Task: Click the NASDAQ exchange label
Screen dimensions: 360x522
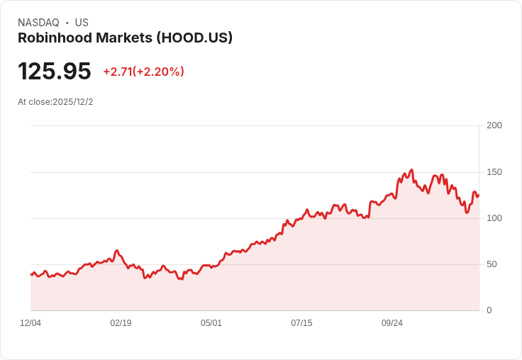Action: pyautogui.click(x=38, y=23)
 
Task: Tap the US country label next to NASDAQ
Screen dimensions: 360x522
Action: pyautogui.click(x=82, y=23)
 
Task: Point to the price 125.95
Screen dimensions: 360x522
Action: pyautogui.click(x=55, y=72)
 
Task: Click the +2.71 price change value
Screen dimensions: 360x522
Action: pyautogui.click(x=117, y=72)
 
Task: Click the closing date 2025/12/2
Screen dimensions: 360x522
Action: pyautogui.click(x=73, y=102)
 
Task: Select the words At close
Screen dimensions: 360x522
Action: pyautogui.click(x=33, y=102)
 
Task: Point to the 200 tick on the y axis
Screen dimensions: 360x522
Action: pyautogui.click(x=494, y=125)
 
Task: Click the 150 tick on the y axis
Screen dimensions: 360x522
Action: pyautogui.click(x=494, y=172)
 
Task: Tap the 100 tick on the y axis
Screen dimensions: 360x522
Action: pyautogui.click(x=494, y=218)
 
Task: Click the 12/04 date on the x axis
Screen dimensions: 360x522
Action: pyautogui.click(x=30, y=323)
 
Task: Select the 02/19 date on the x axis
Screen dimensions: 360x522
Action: pyautogui.click(x=121, y=323)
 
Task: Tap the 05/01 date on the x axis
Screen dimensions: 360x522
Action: pyautogui.click(x=211, y=323)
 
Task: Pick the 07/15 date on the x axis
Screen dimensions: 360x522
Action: pyautogui.click(x=301, y=323)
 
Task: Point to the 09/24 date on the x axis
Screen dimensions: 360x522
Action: pyautogui.click(x=392, y=323)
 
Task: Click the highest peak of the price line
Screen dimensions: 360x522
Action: pyautogui.click(x=411, y=170)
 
